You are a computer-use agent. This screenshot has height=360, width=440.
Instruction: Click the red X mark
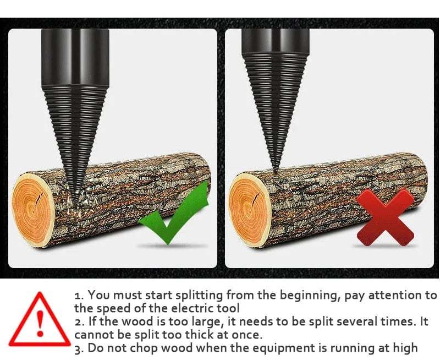point(386,217)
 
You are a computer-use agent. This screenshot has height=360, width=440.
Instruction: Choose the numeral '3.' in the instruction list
point(79,348)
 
